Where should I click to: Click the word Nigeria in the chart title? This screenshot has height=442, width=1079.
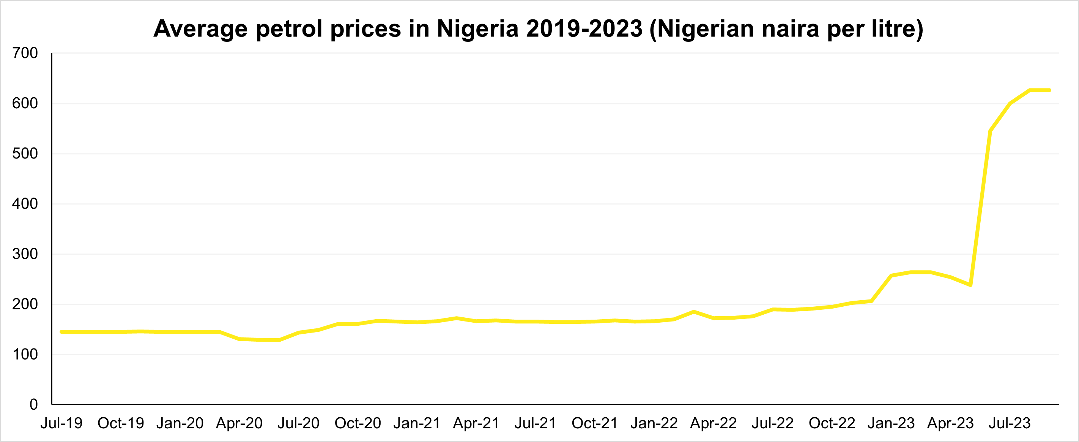tap(477, 29)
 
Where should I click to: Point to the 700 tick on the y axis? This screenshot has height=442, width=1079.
tap(25, 53)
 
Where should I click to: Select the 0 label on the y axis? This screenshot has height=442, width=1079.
tap(33, 405)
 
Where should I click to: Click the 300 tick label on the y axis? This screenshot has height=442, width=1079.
tap(25, 254)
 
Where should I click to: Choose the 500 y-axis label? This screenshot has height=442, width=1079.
tap(25, 154)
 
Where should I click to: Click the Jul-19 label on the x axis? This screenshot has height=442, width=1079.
tap(61, 423)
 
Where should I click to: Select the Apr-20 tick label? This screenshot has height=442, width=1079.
tap(239, 423)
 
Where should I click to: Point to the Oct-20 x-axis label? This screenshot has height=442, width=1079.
tap(358, 423)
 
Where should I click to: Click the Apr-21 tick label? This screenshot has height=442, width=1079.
tap(476, 423)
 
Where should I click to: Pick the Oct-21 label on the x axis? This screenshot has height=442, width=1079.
tap(595, 423)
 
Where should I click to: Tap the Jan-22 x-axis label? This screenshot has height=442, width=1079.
tap(654, 423)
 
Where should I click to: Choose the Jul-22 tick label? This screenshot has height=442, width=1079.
tap(773, 423)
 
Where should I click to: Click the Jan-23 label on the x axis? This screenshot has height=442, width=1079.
tap(892, 423)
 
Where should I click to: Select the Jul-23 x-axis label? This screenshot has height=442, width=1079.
tap(1010, 423)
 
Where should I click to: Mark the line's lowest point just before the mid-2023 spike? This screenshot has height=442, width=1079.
tap(970, 285)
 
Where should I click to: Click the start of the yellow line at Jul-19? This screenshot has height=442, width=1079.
tap(61, 332)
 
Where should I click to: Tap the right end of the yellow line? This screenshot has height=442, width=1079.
tap(1050, 90)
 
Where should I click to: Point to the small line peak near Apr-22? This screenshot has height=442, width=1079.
tap(694, 312)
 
